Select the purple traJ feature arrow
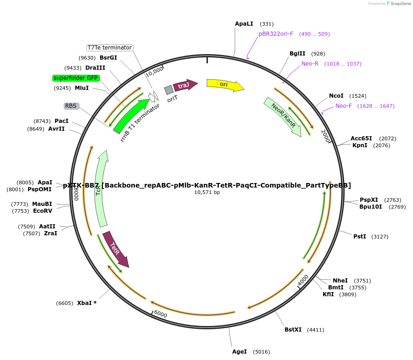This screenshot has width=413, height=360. [185, 85]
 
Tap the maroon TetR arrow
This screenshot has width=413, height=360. [116, 249]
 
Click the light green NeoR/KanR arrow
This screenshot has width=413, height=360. [283, 116]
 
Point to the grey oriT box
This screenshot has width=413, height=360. [169, 90]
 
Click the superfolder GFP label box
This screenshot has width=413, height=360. [76, 78]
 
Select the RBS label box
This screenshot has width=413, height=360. [71, 106]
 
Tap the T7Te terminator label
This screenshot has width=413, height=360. [110, 48]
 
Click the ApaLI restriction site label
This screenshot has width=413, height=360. [244, 23]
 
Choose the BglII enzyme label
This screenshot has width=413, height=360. [297, 54]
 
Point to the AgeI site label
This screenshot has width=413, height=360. [240, 352]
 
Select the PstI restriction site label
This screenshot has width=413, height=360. [360, 237]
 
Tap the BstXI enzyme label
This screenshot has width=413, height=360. [293, 330]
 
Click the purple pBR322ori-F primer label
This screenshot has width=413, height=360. [276, 34]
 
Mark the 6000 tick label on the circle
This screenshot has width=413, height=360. [161, 314]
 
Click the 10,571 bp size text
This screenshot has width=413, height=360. [207, 193]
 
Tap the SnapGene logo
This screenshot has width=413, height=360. [398, 4]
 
